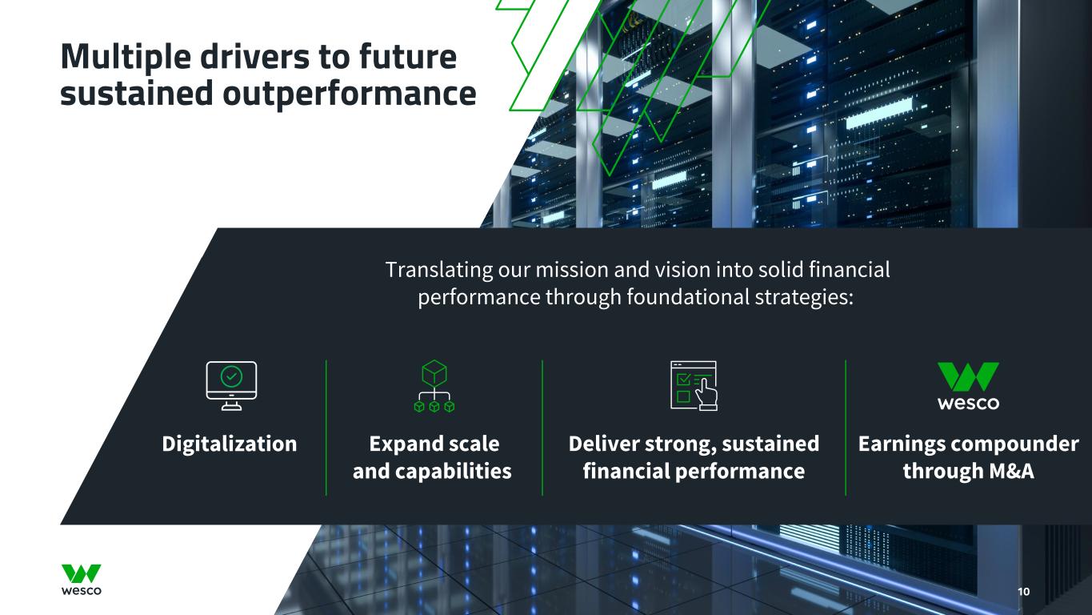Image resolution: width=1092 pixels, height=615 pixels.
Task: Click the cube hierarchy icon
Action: [x=434, y=387]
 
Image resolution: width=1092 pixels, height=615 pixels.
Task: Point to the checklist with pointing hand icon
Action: [x=694, y=386]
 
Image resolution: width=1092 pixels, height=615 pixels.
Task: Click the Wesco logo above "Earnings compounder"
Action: [x=968, y=386]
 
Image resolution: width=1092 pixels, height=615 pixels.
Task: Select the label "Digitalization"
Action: [x=230, y=444]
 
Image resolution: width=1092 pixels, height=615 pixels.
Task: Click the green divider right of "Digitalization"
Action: [x=326, y=428]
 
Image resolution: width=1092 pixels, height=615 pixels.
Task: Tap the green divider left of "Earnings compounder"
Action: [x=846, y=428]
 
